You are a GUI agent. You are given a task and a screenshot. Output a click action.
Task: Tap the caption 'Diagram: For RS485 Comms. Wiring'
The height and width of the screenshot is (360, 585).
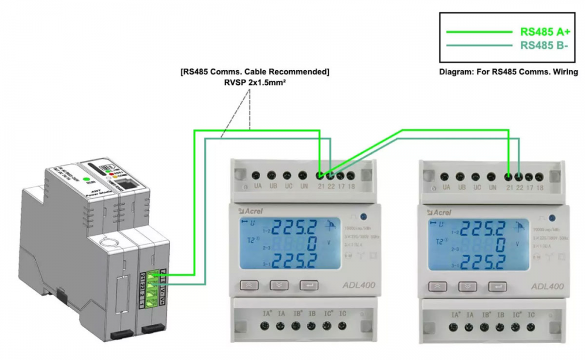click(x=508, y=72)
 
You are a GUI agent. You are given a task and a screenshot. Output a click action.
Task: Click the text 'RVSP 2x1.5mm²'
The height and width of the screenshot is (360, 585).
click(x=254, y=83)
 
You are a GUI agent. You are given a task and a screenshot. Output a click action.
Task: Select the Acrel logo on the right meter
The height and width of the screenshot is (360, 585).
click(x=436, y=211)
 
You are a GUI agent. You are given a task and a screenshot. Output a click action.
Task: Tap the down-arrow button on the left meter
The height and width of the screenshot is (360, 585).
click(x=278, y=286)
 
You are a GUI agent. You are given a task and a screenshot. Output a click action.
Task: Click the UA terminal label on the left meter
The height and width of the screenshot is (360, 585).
click(x=257, y=187)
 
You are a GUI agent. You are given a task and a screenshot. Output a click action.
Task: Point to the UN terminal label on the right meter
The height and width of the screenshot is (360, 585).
click(x=493, y=187)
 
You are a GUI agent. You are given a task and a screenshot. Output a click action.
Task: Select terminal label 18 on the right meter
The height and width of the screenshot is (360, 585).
click(x=539, y=187)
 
